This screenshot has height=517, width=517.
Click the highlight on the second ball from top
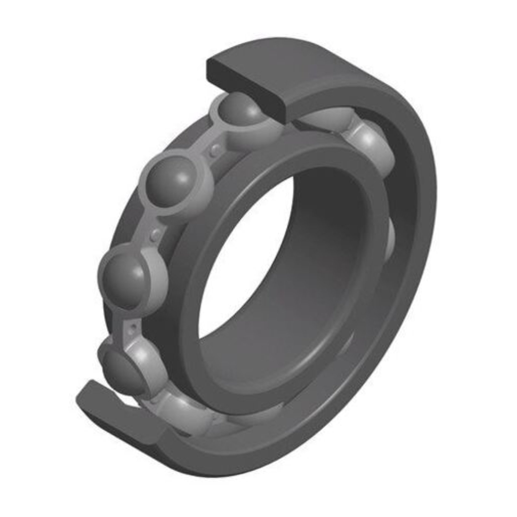tap(183, 178)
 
